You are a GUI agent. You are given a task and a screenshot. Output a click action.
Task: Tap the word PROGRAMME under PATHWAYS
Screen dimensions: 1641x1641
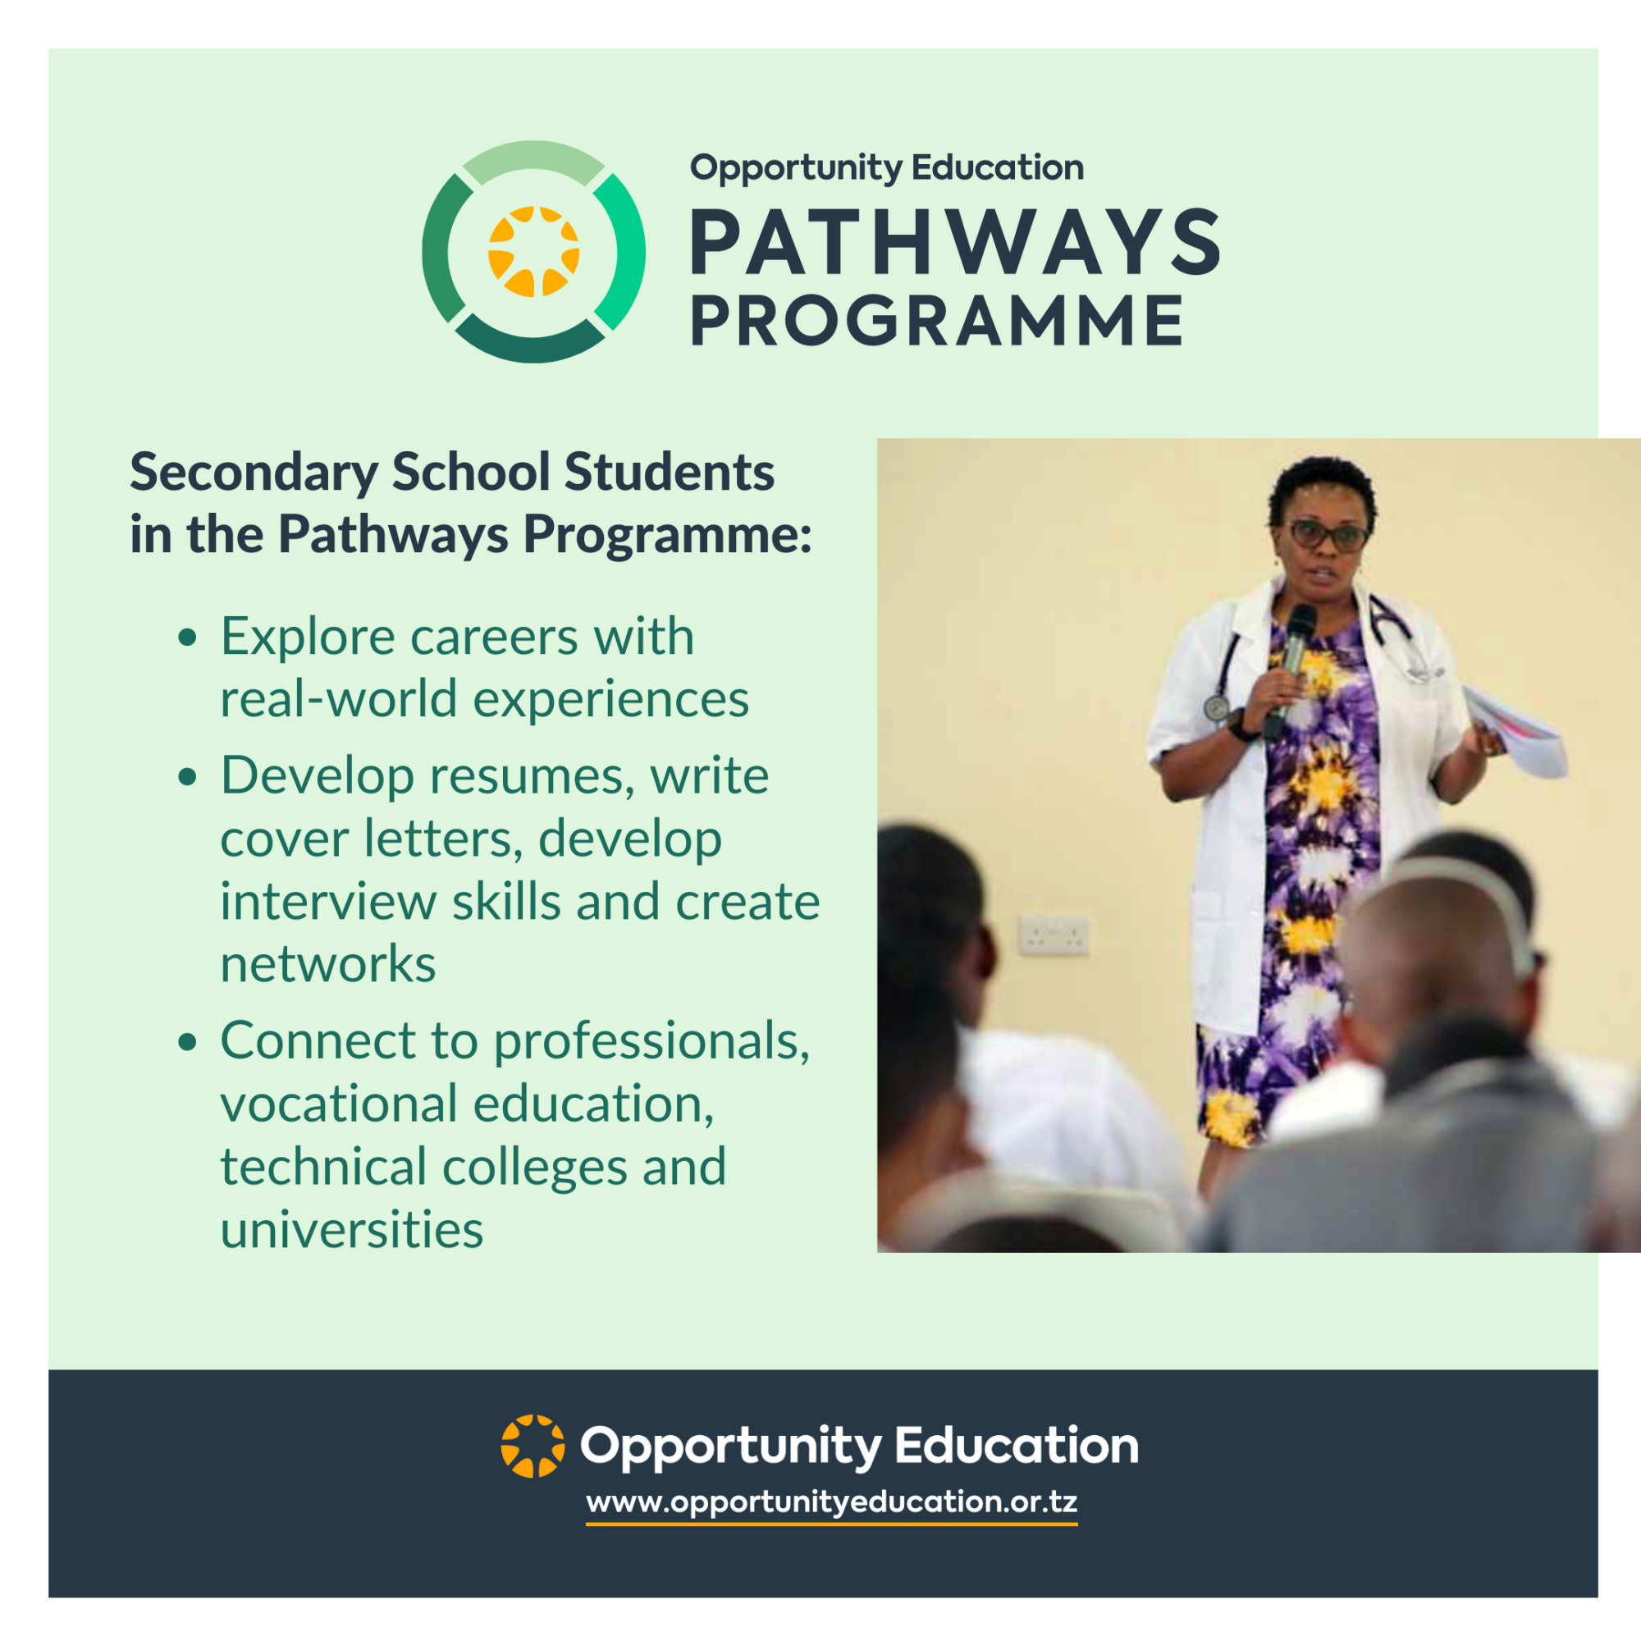938,320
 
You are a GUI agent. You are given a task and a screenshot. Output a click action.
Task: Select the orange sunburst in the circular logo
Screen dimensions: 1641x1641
533,251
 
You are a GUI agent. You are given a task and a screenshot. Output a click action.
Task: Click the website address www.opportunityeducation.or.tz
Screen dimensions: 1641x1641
831,1502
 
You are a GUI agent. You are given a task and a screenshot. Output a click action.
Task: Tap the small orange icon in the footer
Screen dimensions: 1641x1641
533,1447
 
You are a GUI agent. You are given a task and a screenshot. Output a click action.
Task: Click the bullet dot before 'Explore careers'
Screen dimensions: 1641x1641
188,638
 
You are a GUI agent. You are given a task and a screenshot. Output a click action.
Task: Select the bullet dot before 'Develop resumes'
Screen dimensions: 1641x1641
188,777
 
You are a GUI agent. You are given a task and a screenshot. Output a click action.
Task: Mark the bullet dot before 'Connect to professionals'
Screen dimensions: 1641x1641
188,1042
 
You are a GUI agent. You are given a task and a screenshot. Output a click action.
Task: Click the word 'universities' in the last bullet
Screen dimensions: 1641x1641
352,1229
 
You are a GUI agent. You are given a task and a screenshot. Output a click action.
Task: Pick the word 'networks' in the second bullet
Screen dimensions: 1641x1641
328,964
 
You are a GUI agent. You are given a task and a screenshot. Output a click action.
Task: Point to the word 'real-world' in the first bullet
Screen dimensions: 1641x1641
339,699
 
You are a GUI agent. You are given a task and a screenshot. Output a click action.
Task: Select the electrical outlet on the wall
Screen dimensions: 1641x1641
1054,935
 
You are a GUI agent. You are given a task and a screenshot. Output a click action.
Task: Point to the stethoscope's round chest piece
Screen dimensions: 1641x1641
1217,707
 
